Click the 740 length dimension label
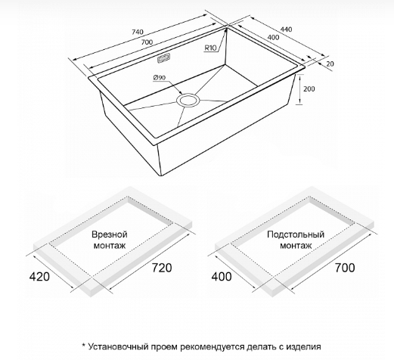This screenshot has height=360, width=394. point(138,32)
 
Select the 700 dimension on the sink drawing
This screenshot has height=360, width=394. point(147,42)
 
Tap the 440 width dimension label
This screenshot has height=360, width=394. point(287,29)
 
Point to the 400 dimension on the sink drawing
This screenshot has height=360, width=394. point(273,37)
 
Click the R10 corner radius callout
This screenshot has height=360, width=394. point(210,48)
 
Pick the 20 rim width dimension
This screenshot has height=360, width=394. point(330,64)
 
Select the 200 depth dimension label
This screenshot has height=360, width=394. point(309,89)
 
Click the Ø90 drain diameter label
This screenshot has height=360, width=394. point(160,78)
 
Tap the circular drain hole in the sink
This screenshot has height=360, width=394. point(188,100)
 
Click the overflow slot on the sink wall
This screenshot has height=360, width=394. point(164,58)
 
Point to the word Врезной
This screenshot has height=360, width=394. point(110,234)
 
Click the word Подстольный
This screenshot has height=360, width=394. point(296,234)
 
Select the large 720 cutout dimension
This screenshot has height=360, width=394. point(162,268)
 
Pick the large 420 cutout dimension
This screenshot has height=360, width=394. point(39,277)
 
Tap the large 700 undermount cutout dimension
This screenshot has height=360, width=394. point(345,268)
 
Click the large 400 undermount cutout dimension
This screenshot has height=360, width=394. point(222,277)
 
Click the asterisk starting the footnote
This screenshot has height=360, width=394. point(84,345)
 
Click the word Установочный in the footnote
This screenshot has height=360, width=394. point(118,347)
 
